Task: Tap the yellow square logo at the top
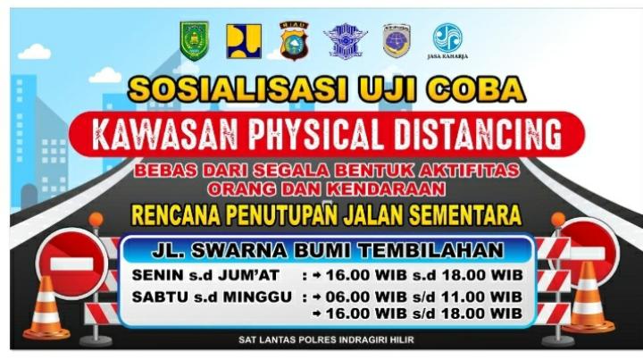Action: click(x=244, y=41)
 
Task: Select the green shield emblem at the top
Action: click(x=194, y=41)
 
